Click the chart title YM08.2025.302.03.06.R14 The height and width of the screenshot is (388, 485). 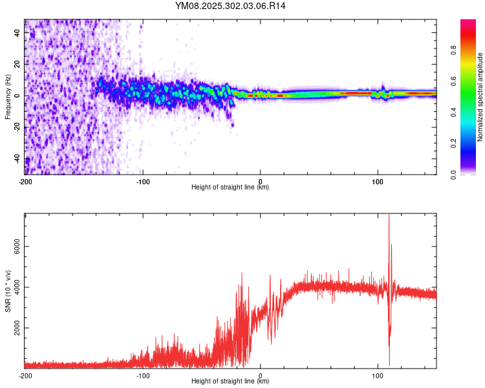[230, 6]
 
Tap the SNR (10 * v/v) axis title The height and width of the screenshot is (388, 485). [8, 290]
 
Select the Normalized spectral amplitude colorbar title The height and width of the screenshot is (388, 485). [480, 97]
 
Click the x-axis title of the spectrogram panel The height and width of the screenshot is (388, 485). [230, 187]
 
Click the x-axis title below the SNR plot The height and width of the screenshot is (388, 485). [230, 381]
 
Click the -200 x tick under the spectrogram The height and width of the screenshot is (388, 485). [25, 180]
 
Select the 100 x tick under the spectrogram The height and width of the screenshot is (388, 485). [378, 180]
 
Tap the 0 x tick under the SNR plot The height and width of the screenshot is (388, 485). [261, 374]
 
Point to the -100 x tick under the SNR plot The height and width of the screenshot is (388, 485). [143, 374]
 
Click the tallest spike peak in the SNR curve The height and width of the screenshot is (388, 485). [389, 216]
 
